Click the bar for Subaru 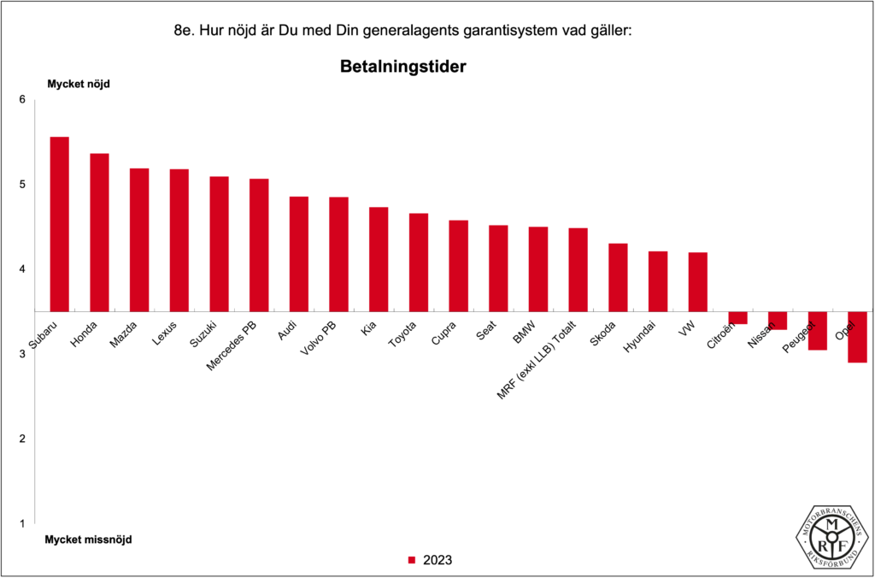(59, 224)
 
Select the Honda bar (99, 233)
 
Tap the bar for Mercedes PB (259, 245)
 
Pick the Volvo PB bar (338, 254)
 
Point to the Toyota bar (419, 262)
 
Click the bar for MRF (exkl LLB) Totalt (578, 269)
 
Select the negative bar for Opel (857, 337)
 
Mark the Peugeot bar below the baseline (818, 331)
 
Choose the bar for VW (697, 281)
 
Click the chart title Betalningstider (402, 66)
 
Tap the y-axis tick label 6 (23, 100)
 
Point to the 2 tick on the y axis (23, 439)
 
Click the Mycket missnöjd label (89, 540)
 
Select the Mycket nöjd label (78, 84)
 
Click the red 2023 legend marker (411, 560)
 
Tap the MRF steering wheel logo (832, 537)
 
